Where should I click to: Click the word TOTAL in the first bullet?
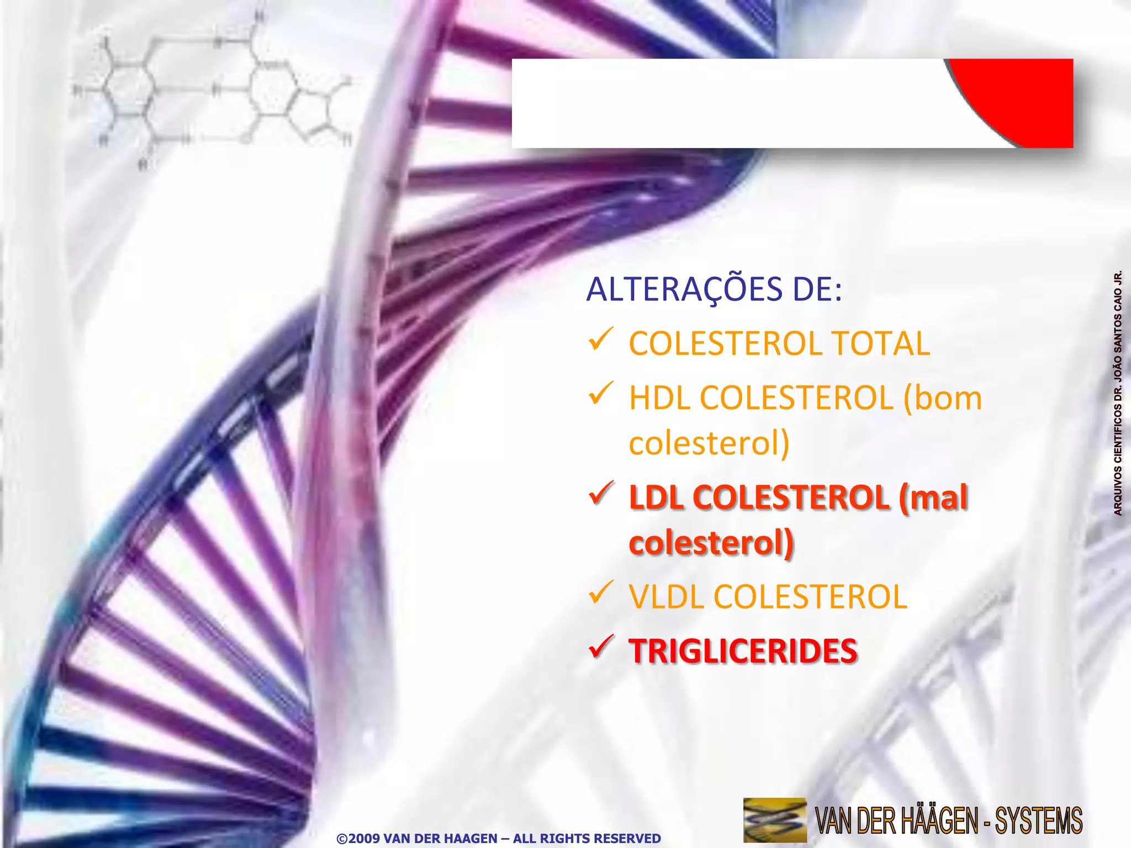(x=881, y=343)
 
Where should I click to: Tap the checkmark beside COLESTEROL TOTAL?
(x=601, y=339)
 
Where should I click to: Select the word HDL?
(x=659, y=398)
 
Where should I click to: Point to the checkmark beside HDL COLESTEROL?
(x=601, y=393)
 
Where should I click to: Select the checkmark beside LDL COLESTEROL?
(x=601, y=492)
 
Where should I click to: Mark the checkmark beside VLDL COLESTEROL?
(x=601, y=592)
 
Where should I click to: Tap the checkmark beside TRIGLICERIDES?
(x=601, y=646)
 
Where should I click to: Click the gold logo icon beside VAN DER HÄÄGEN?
(x=775, y=819)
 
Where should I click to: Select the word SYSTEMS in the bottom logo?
(x=1038, y=820)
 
